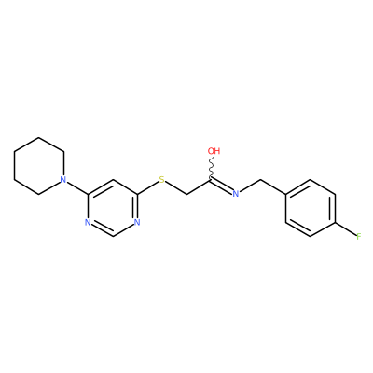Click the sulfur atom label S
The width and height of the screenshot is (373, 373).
tap(161, 180)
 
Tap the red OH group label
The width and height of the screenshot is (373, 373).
tap(214, 151)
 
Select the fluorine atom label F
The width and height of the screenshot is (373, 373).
tap(359, 237)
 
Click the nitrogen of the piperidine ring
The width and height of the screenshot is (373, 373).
tap(63, 180)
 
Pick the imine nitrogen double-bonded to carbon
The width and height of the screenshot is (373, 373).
tap(236, 194)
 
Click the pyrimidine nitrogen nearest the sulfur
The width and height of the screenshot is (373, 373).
tap(137, 223)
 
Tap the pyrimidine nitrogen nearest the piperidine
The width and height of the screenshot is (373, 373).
tap(88, 223)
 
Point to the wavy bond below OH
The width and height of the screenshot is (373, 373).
tap(212, 168)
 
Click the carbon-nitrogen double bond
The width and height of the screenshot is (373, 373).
tap(221, 186)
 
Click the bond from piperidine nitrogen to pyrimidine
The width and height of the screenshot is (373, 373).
tap(77, 187)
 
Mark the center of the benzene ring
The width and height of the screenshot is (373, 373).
tap(311, 208)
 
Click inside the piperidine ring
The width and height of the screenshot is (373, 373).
tap(39, 166)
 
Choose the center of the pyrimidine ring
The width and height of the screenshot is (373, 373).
tap(113, 208)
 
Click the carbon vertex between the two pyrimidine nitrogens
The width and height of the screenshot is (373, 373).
tap(113, 237)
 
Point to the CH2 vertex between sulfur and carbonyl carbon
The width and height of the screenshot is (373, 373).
tap(186, 194)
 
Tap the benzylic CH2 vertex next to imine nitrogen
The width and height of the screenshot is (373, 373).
tap(260, 180)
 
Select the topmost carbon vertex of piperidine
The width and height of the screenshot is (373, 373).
tap(39, 137)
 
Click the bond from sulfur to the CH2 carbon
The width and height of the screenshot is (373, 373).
tap(176, 188)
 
